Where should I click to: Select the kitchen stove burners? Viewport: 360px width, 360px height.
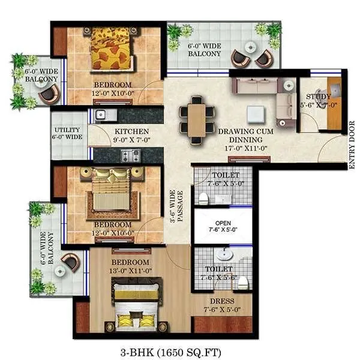click(x=131, y=155)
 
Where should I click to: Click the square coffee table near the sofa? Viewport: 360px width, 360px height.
click(x=256, y=114)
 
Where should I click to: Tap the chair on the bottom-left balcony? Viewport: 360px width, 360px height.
click(x=70, y=261)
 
